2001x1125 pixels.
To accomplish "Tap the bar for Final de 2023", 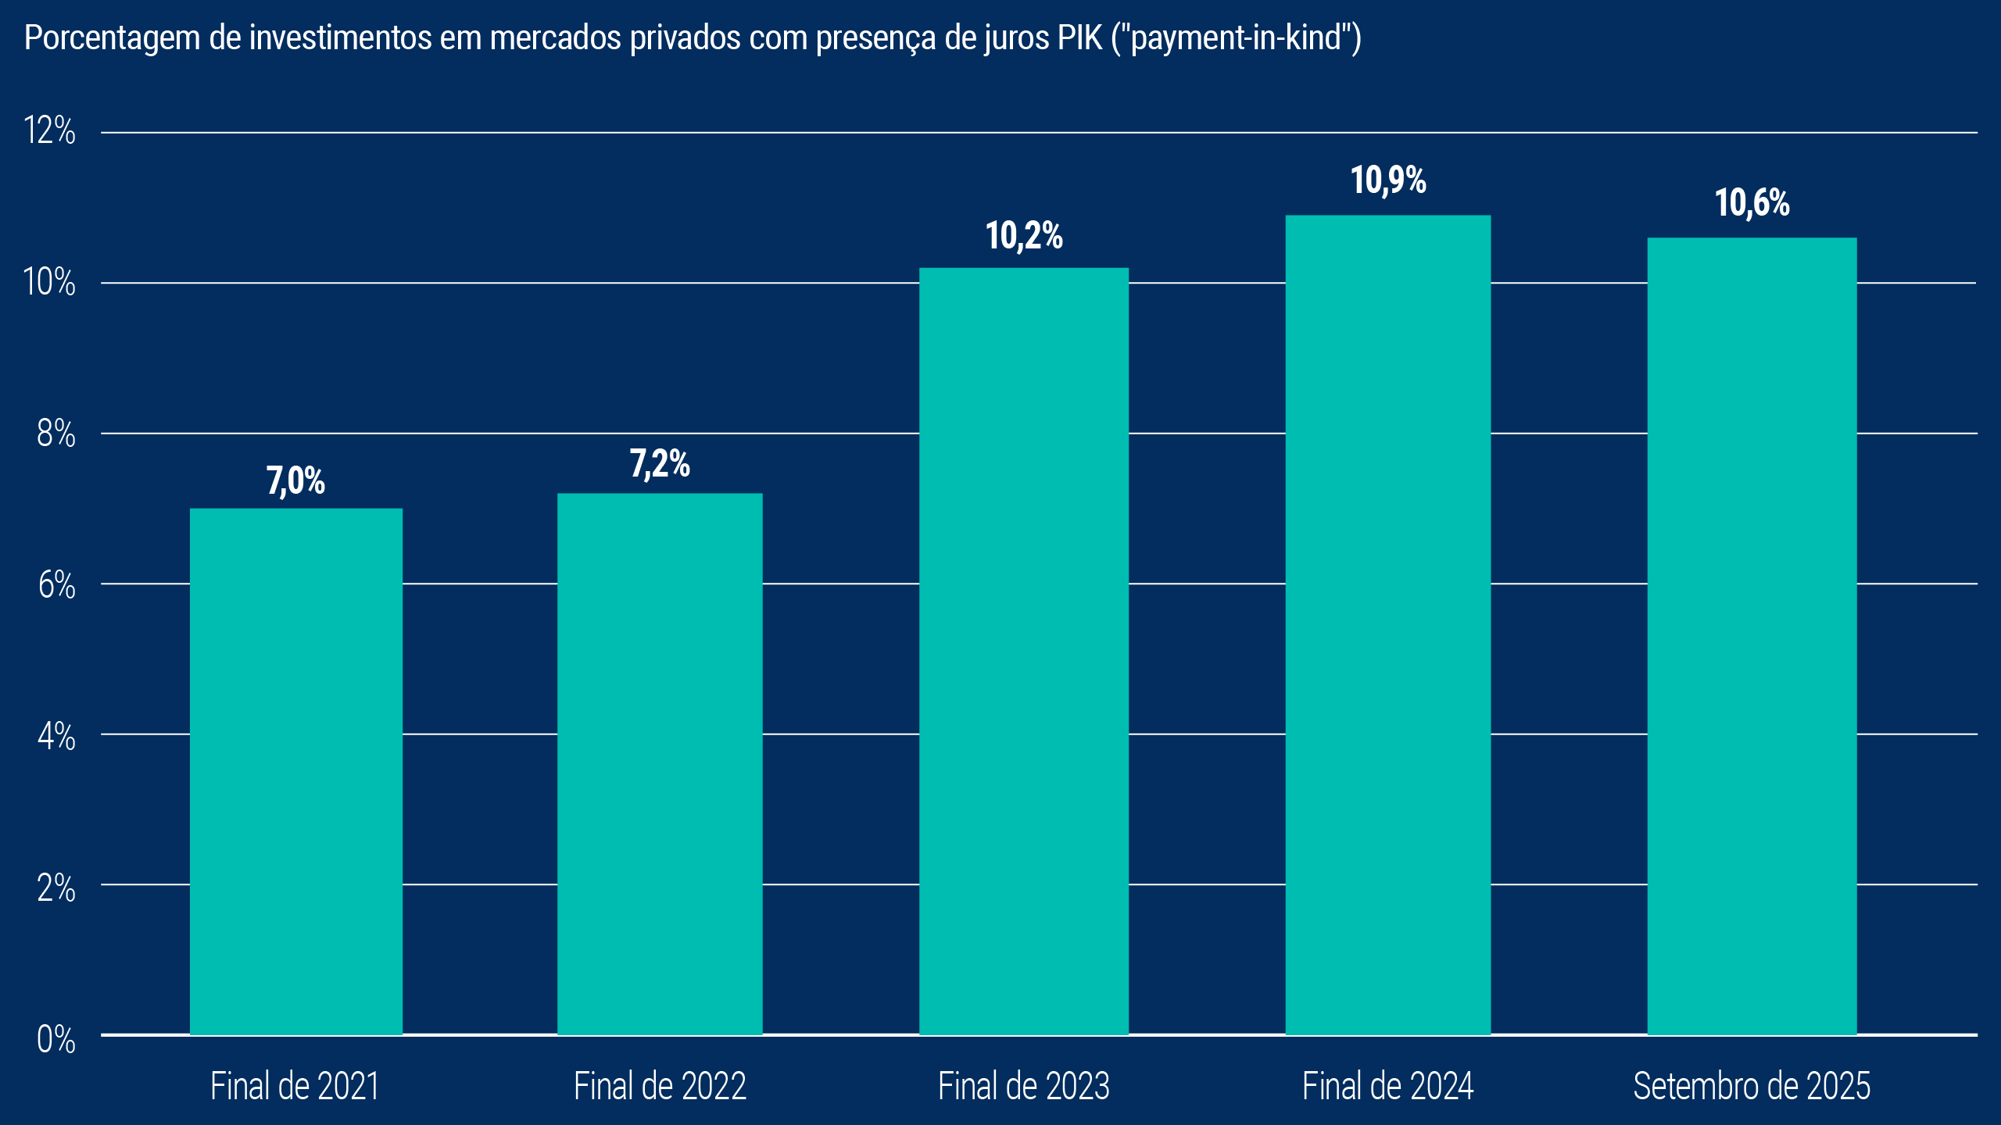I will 1024,652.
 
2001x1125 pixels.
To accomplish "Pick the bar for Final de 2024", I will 1388,625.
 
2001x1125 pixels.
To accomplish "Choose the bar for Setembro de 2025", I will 1752,636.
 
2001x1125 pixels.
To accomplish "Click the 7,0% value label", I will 295,480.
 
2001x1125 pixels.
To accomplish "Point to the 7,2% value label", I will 660,463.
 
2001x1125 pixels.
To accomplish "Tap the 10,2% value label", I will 1024,235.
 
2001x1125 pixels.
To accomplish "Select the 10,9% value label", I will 1388,180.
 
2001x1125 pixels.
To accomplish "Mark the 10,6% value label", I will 1752,203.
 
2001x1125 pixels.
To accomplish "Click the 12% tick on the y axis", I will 49,130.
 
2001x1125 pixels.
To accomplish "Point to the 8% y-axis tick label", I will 55,433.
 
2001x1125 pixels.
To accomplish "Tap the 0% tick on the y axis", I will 55,1039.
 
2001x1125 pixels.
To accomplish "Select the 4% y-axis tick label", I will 55,736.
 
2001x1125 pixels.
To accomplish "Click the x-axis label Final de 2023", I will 1024,1086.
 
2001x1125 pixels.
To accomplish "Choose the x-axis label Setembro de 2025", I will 1752,1086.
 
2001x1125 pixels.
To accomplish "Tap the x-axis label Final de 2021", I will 295,1086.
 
